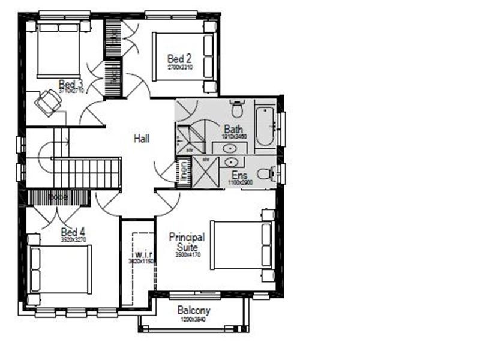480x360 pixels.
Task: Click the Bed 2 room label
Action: click(x=179, y=59)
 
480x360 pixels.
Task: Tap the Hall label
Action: click(x=142, y=139)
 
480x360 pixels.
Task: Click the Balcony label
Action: click(x=194, y=311)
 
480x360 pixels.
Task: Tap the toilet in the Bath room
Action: click(x=238, y=109)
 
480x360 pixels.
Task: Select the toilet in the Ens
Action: click(x=272, y=174)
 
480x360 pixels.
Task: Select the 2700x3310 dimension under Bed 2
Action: click(x=179, y=68)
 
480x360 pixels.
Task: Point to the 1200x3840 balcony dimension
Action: click(x=194, y=320)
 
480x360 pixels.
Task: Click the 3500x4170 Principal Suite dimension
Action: click(x=187, y=255)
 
